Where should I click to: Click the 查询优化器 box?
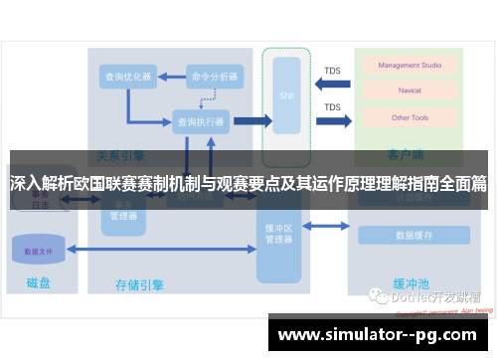[x=128, y=76]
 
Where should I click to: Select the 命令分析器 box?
[x=215, y=76]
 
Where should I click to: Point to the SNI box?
[x=286, y=97]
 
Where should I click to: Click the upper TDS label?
[x=332, y=71]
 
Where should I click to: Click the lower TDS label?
[x=332, y=107]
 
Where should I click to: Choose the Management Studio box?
[x=403, y=66]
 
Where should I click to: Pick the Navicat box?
[x=402, y=91]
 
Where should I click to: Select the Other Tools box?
[x=402, y=117]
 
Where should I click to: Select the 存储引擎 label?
[x=138, y=285]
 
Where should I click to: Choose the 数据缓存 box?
[x=412, y=236]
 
